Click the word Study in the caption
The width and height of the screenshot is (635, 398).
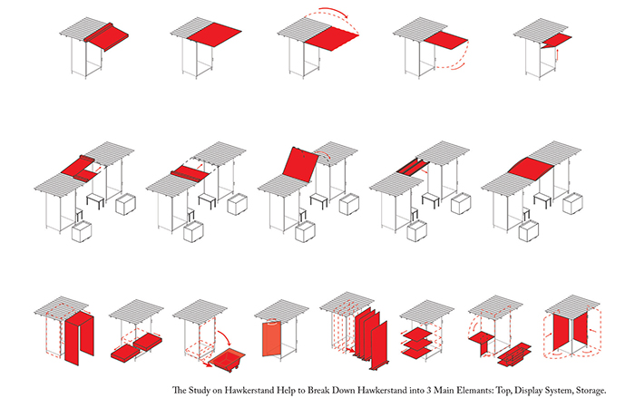(200, 391)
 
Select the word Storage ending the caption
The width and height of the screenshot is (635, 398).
(590, 391)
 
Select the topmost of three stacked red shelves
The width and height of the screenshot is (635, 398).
(417, 334)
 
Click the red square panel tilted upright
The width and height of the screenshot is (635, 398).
(299, 164)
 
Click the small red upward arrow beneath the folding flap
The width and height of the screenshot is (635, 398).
(558, 54)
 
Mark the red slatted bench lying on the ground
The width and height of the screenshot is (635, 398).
(514, 354)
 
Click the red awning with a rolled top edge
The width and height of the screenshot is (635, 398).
(107, 37)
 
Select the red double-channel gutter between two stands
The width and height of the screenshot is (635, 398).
(413, 167)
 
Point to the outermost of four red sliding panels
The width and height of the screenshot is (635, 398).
(379, 345)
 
